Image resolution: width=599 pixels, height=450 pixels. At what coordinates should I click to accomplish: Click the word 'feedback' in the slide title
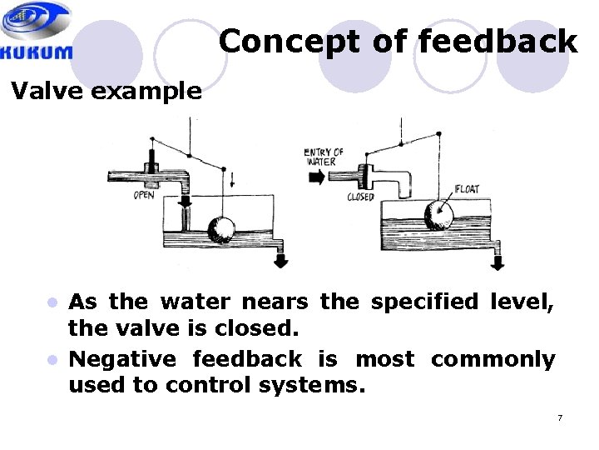point(498,41)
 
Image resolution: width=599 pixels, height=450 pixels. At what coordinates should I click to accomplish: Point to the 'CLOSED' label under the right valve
point(360,197)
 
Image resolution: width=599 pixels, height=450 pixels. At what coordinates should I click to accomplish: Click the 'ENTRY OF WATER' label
point(324,156)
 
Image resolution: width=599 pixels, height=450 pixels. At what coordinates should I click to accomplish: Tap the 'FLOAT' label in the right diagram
point(468,189)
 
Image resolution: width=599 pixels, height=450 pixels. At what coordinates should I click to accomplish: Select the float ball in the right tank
point(438,214)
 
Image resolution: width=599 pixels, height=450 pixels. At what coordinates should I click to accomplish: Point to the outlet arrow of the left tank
point(281,260)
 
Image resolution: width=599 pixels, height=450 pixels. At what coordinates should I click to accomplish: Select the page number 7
point(560,417)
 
